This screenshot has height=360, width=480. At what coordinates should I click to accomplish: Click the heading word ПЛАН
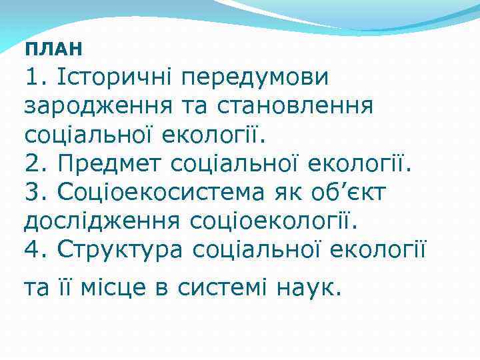[53, 49]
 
